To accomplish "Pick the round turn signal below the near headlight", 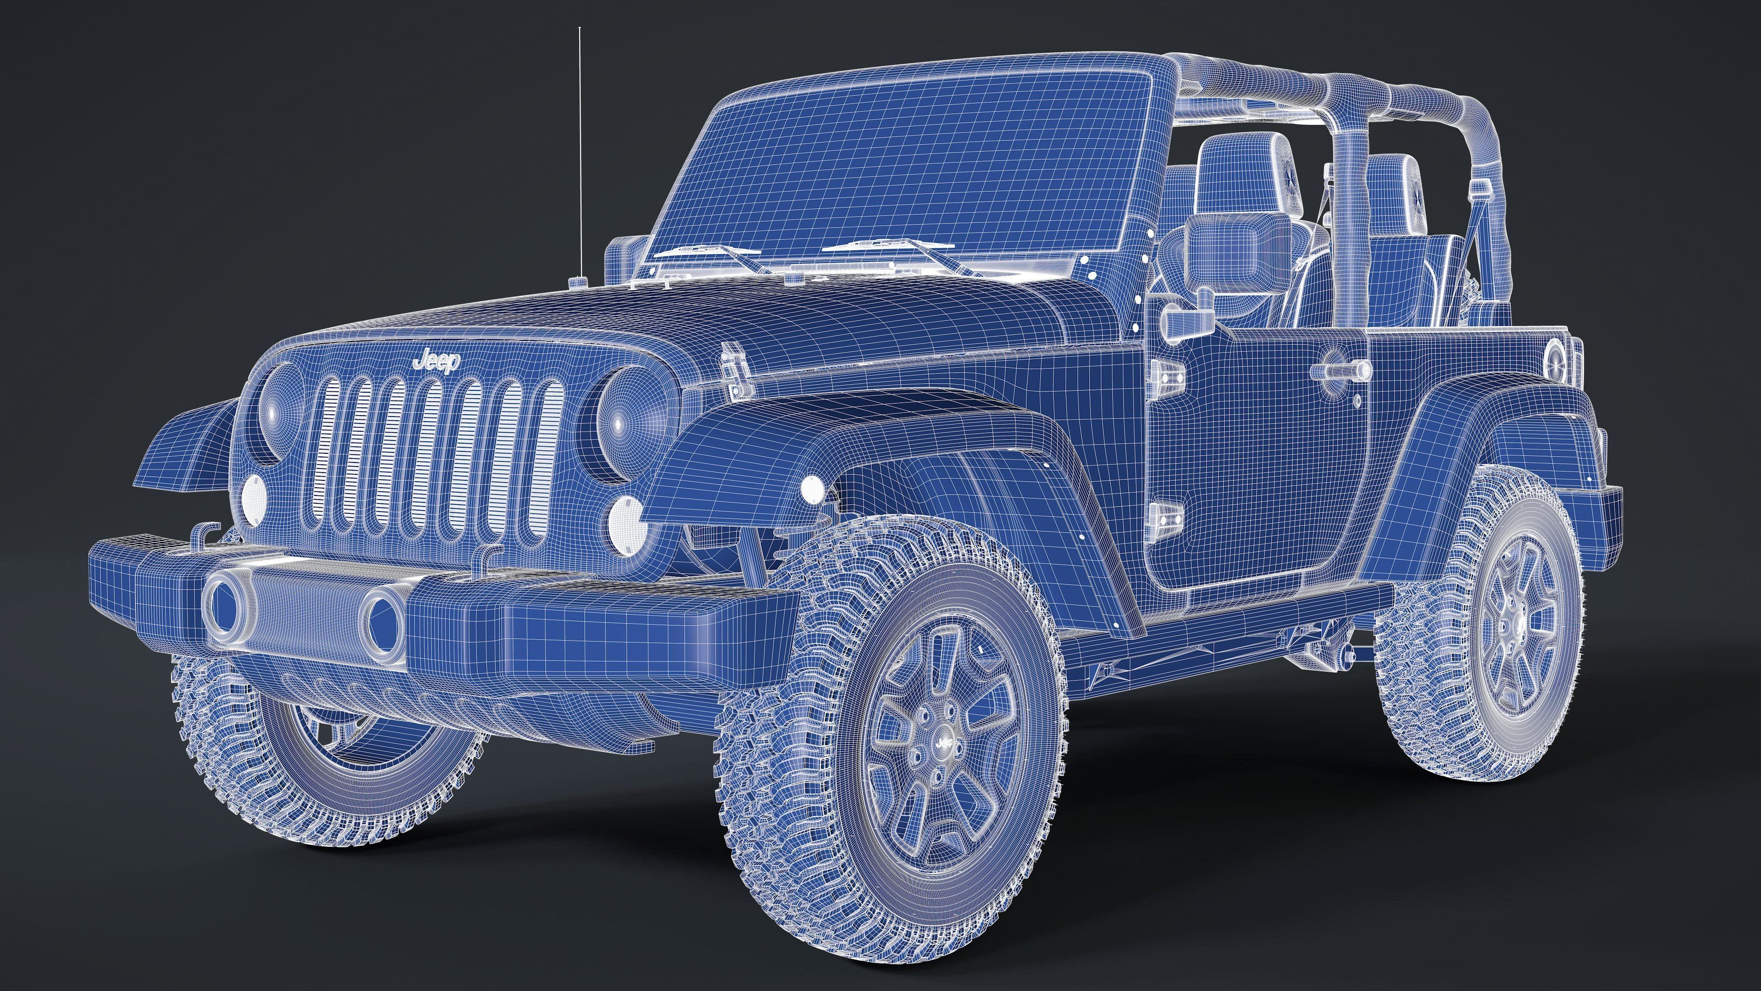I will click(625, 525).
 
